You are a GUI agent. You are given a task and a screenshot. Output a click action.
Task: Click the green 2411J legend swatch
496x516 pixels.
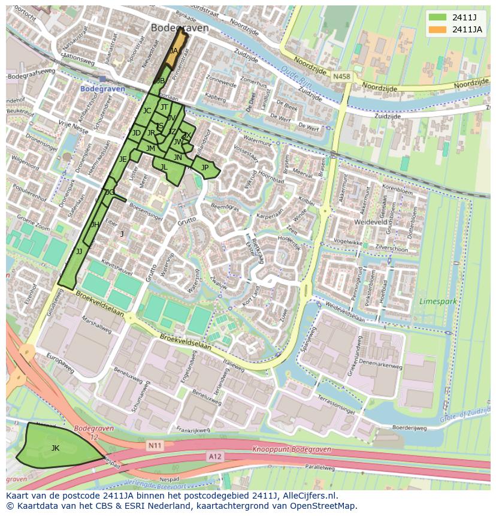point(437,17)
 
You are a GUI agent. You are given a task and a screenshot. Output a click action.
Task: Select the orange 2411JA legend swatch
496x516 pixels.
point(437,29)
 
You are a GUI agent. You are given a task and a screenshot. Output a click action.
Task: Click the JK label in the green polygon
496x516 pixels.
point(55,448)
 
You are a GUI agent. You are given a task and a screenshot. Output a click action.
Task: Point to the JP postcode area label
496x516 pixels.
point(205,168)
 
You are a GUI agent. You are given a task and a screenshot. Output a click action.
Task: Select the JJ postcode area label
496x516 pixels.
point(78,252)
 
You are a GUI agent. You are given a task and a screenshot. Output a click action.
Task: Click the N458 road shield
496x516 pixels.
point(341,77)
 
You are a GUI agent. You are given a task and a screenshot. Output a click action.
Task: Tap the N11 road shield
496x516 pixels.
point(155,445)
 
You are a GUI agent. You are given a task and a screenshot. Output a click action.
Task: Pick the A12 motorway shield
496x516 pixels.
point(215,457)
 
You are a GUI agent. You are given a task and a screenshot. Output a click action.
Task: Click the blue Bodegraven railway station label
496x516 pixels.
point(102,89)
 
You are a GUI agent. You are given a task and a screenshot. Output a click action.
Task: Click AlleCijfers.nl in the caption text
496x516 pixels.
point(310,496)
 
